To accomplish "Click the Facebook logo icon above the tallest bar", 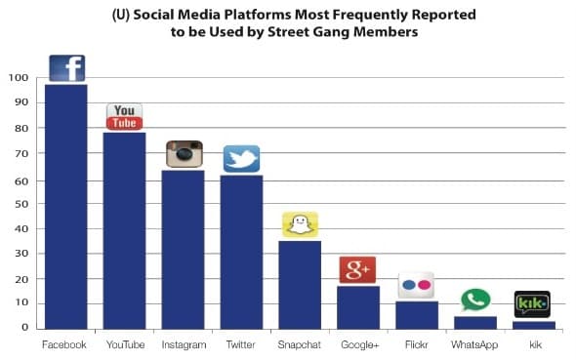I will click(66, 68).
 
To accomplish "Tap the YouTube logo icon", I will click(124, 116).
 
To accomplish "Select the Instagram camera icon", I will click(183, 154).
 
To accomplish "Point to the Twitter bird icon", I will click(241, 159).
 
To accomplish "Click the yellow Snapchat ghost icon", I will click(300, 224).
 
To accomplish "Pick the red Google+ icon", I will click(357, 269).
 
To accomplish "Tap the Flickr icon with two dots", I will click(416, 285).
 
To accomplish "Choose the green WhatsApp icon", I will click(475, 300).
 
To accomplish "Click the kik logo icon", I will click(532, 303).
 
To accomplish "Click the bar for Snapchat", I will click(300, 284).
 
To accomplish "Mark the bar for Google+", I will click(357, 306).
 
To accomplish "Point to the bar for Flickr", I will click(416, 314).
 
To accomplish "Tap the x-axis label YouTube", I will click(124, 344).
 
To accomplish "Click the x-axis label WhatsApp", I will click(475, 344).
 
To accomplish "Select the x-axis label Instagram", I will click(183, 344).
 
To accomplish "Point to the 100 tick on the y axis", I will click(18, 78).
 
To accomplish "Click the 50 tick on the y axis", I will click(21, 204).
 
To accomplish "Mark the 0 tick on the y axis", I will click(23, 328).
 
